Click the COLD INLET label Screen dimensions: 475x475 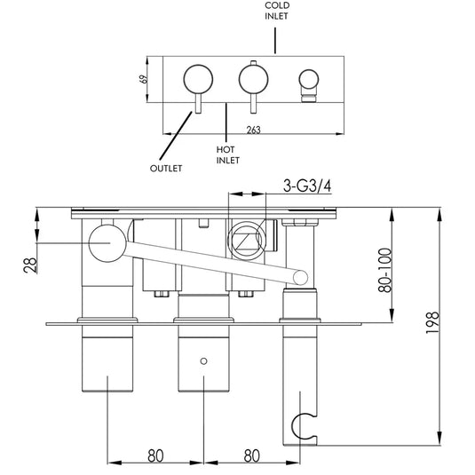coord(276,11)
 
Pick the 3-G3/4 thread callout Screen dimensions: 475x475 coord(307,187)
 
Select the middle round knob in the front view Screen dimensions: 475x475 coord(252,80)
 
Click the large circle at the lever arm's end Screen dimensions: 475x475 coord(106,241)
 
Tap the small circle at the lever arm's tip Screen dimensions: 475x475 coord(302,277)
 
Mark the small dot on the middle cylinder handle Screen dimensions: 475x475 coord(205,361)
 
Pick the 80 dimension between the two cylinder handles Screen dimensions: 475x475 coord(155,455)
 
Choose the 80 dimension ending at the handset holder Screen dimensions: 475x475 coord(252,455)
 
